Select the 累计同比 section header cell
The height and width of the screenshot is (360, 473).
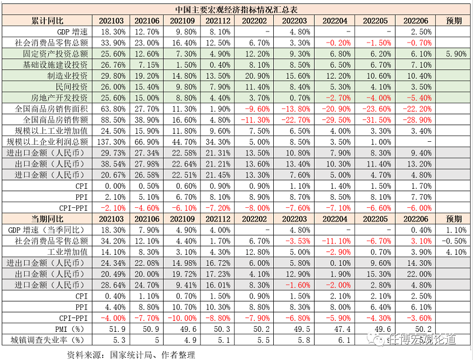pos(48,21)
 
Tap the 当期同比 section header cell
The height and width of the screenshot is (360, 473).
pos(48,218)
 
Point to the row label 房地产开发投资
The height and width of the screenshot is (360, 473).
pos(63,97)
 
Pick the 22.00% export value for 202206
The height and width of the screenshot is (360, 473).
pos(417,273)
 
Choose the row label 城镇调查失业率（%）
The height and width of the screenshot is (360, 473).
pos(48,339)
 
